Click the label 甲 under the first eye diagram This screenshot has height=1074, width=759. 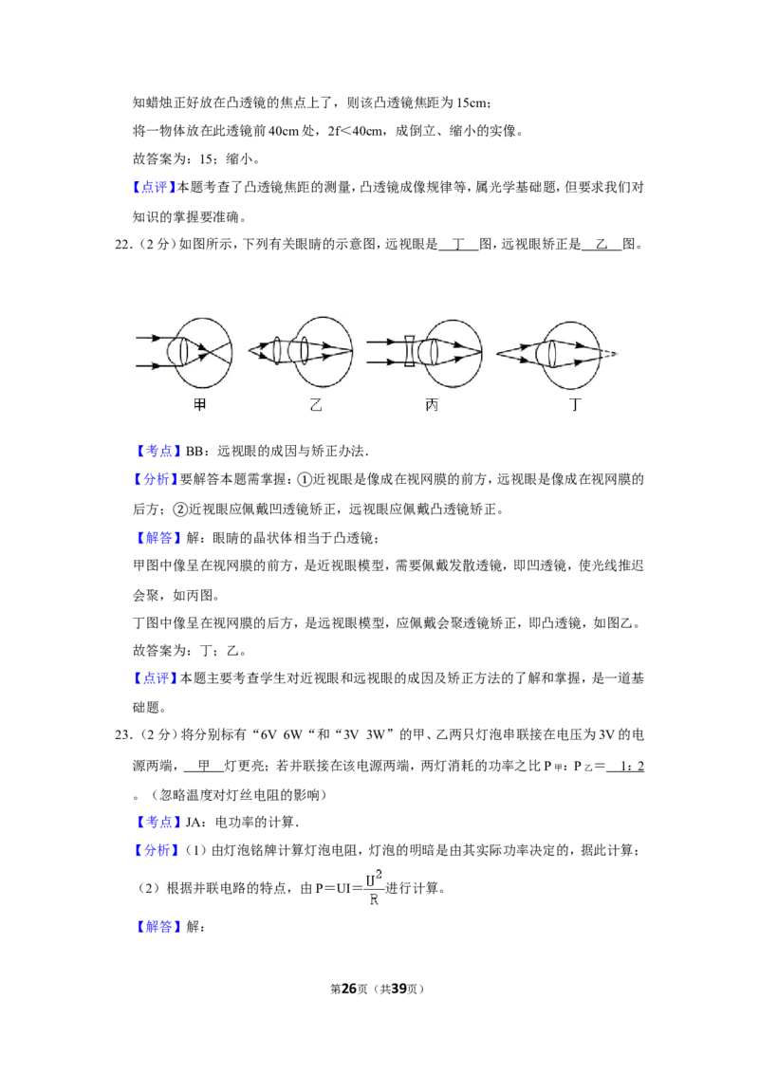tap(199, 405)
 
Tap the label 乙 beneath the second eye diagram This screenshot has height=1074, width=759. tap(316, 405)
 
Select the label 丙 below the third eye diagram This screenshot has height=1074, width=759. tap(432, 405)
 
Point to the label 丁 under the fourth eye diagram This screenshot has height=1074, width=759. tap(575, 405)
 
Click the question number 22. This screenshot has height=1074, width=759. tap(122, 245)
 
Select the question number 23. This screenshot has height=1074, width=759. tap(122, 735)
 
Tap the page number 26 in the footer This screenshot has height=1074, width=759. tap(349, 989)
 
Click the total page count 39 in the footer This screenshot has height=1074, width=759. tap(399, 989)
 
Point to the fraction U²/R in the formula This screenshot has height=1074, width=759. tap(374, 888)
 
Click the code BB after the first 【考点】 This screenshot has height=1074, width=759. tap(194, 452)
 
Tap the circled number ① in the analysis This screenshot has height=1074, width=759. tap(305, 479)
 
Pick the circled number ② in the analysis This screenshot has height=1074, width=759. tap(180, 509)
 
